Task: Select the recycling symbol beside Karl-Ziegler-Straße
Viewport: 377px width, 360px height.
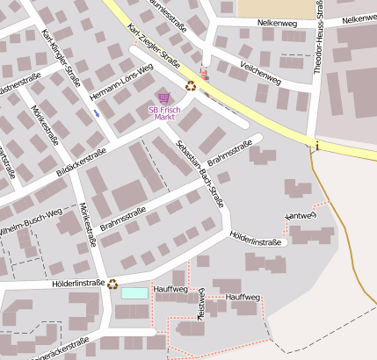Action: tap(192, 85)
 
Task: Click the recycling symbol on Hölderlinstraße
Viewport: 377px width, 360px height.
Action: tap(112, 283)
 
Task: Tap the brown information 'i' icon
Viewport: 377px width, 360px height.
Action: tap(315, 146)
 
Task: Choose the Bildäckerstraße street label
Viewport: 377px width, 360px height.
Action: tap(81, 162)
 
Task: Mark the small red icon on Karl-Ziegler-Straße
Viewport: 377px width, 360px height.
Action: tap(206, 76)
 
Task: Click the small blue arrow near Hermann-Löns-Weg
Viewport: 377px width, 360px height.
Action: tap(97, 112)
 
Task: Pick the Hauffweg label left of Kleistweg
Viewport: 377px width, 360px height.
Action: tap(170, 289)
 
